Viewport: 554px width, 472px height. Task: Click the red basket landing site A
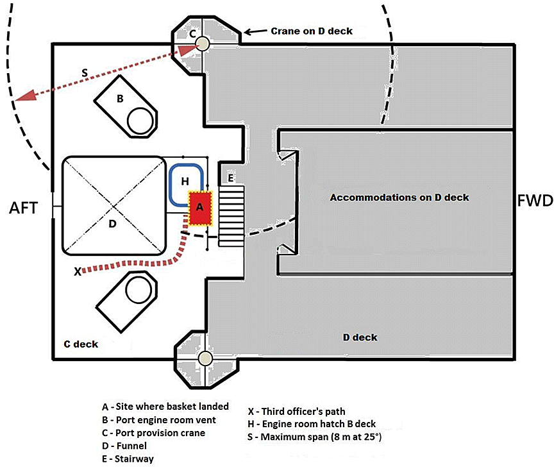pos(199,208)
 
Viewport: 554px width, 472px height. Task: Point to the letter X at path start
pos(78,271)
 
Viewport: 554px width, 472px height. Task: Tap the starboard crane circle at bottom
pos(205,358)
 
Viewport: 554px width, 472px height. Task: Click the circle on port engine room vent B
pos(140,119)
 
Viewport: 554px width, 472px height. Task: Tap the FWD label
pos(534,201)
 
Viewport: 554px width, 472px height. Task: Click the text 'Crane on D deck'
pos(311,31)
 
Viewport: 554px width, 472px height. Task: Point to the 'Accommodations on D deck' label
pos(399,197)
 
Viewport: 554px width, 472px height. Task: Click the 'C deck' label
pos(81,344)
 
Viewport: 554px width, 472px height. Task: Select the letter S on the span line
pos(85,73)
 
